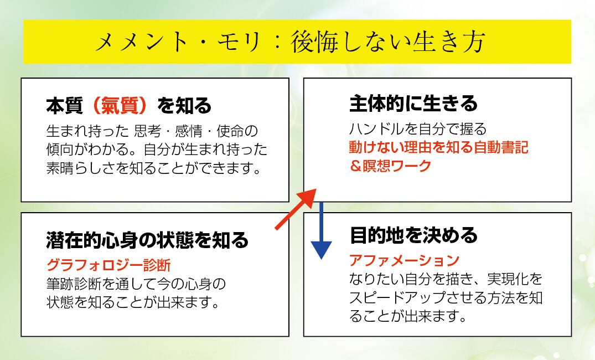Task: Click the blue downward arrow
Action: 320,232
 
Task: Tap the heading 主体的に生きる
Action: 413,104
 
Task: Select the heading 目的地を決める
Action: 413,235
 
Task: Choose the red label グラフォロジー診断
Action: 108,264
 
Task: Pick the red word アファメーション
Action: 404,259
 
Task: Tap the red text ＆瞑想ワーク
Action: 390,166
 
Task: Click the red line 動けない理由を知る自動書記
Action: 438,147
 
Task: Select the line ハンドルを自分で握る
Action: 417,129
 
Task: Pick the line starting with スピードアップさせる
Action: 446,298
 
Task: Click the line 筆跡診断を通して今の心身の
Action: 136,284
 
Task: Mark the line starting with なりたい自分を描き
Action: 446,279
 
